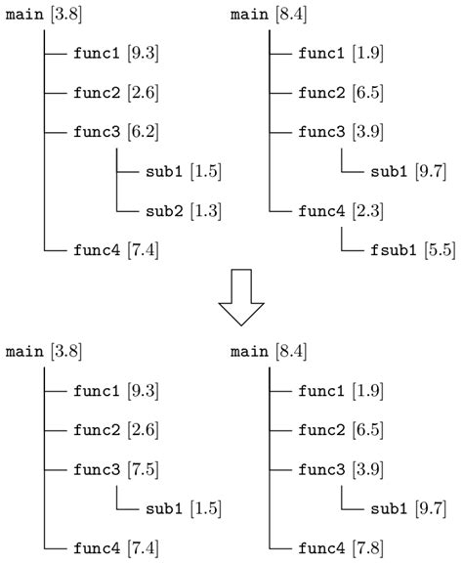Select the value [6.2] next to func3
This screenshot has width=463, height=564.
tap(143, 131)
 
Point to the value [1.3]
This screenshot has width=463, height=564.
tap(206, 210)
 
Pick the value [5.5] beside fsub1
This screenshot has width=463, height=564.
tap(439, 249)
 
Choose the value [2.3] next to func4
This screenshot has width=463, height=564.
tap(367, 209)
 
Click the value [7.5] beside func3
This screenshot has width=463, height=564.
tap(143, 468)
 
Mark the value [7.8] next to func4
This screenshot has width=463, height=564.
tap(367, 546)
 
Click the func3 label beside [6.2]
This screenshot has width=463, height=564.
tap(95, 131)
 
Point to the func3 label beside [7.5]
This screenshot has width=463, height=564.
tap(95, 468)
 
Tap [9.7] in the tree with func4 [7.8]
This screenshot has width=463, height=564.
tap(431, 507)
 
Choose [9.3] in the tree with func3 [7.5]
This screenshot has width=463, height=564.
tap(143, 390)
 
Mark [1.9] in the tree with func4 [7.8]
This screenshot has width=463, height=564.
tap(367, 390)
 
